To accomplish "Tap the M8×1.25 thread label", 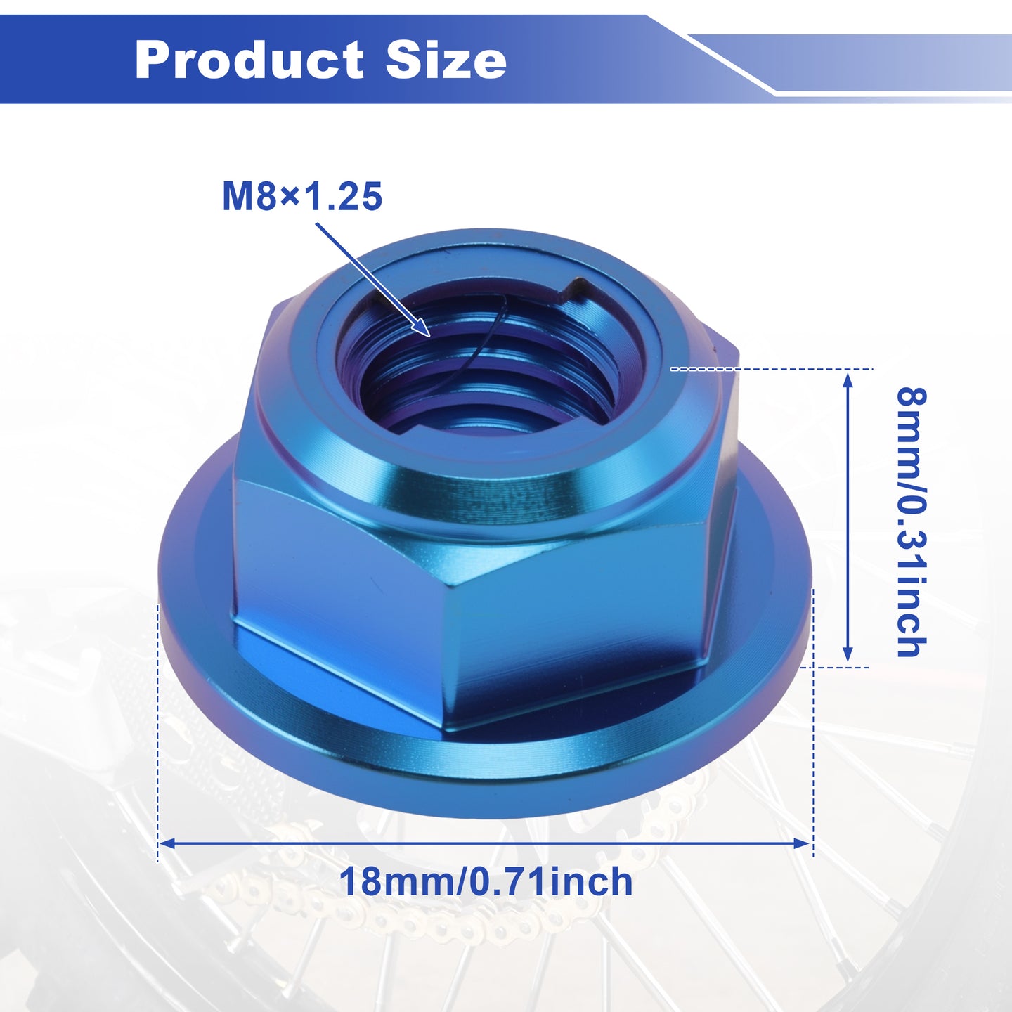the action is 302,196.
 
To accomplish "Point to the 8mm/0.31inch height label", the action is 911,522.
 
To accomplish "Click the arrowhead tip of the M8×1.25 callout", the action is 430,336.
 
